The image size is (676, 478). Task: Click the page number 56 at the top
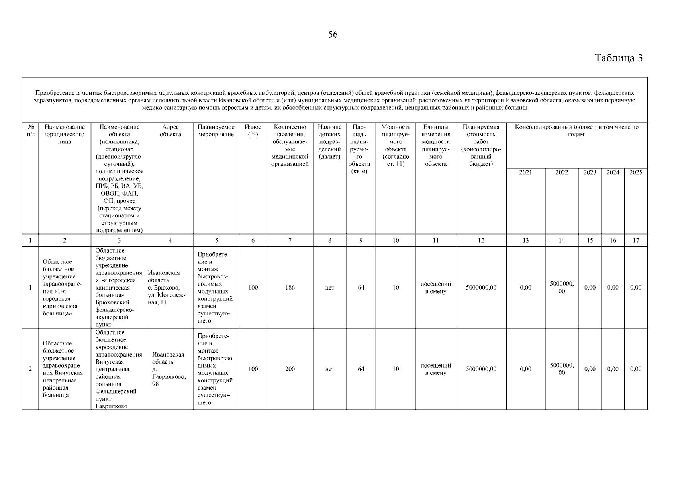click(x=333, y=35)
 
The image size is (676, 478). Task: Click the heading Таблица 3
click(x=619, y=58)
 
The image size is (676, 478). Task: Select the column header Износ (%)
click(x=253, y=131)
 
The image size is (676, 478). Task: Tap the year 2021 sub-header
click(x=525, y=172)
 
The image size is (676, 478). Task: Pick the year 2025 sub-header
click(x=635, y=172)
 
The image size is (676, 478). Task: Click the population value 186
click(x=290, y=288)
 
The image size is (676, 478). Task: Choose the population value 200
click(x=290, y=369)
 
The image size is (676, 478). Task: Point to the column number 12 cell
click(x=481, y=240)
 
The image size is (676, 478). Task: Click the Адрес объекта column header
click(x=170, y=131)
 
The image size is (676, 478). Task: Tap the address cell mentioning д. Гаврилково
click(x=169, y=369)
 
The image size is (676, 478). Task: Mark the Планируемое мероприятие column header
click(x=216, y=131)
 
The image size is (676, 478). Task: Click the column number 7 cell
click(x=290, y=240)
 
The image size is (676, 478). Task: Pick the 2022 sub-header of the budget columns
click(x=562, y=172)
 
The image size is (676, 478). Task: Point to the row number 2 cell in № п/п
click(x=30, y=369)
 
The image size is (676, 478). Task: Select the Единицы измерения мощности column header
click(x=436, y=145)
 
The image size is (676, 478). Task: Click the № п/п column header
click(x=30, y=131)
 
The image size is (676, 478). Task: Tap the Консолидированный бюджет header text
click(x=576, y=131)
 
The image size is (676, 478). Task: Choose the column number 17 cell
click(x=636, y=240)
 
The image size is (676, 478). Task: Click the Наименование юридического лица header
click(x=65, y=134)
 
